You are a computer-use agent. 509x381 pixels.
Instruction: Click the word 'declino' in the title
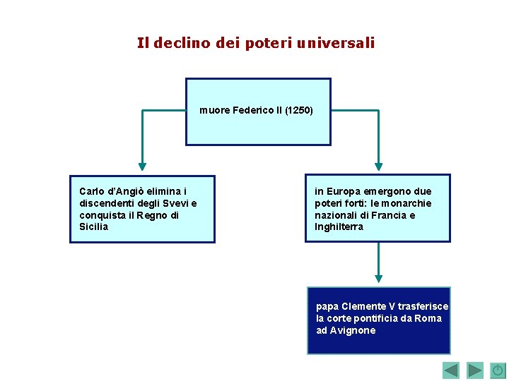click(177, 43)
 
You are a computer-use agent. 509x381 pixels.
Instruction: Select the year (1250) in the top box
click(299, 110)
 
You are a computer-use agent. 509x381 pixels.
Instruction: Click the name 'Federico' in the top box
click(252, 110)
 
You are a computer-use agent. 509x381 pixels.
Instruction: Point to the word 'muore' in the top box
click(213, 110)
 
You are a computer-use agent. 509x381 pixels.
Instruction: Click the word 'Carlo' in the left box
click(92, 191)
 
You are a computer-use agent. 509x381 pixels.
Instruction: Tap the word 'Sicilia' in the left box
click(94, 227)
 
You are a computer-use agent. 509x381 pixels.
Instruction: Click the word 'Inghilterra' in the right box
click(339, 227)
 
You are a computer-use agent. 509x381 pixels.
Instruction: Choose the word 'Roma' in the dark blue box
click(428, 318)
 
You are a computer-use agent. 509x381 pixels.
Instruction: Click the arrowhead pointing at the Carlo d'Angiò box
click(142, 167)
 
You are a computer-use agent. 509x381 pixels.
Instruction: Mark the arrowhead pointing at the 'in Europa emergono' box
click(378, 167)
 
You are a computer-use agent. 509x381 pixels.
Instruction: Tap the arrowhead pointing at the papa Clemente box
click(378, 279)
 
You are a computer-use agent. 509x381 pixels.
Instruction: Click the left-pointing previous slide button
click(451, 370)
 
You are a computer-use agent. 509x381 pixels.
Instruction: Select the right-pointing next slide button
click(475, 370)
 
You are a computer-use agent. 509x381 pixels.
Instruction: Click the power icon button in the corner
click(498, 370)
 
